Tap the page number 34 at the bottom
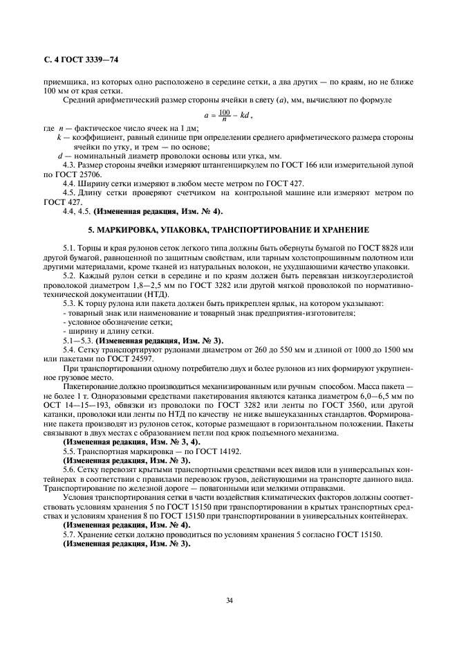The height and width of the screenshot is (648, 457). point(229,600)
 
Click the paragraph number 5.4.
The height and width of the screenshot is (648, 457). point(71,349)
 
